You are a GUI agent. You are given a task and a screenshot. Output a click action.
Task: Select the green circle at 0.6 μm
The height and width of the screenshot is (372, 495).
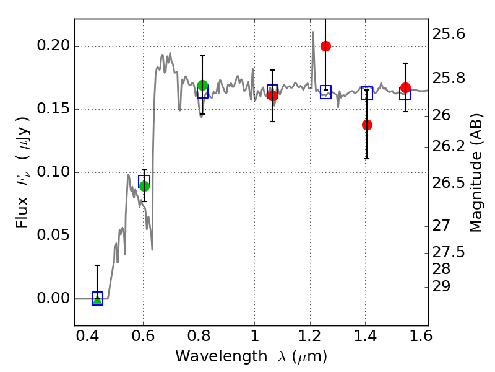[x=144, y=186]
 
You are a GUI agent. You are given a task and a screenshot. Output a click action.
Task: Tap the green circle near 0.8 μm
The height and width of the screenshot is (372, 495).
[x=202, y=85]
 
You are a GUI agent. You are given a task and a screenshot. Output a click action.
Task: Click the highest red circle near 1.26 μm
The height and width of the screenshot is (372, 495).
[x=325, y=46]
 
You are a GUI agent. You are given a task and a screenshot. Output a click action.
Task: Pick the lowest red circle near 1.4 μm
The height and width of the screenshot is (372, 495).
[x=367, y=125]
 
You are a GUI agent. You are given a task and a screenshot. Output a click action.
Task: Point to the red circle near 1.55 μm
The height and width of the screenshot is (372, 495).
[x=405, y=88]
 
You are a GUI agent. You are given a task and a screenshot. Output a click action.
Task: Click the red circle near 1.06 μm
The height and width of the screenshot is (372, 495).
[x=272, y=95]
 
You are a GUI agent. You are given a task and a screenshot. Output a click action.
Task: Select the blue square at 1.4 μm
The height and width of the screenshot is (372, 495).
[x=367, y=93]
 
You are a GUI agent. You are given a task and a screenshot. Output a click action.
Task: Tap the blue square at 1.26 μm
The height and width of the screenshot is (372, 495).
[x=325, y=92]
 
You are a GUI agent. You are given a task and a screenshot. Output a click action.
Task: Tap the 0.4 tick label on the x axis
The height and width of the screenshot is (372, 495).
[x=88, y=337]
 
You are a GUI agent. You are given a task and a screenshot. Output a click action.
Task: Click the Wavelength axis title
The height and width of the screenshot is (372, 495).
[x=251, y=356]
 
